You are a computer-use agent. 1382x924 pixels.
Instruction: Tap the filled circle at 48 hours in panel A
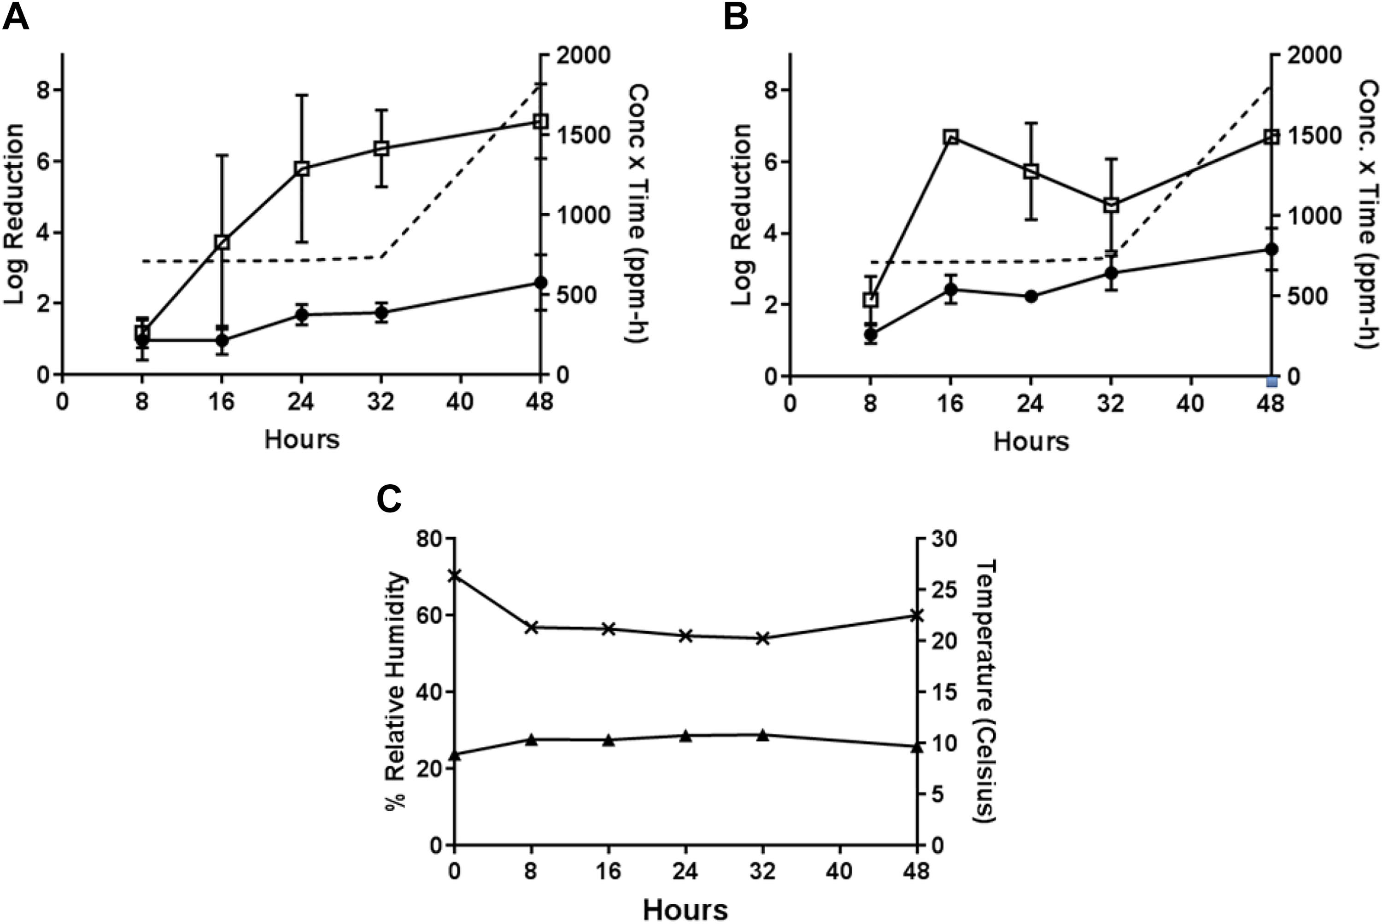(x=540, y=282)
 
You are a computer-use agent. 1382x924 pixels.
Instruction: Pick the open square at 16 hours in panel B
(x=950, y=137)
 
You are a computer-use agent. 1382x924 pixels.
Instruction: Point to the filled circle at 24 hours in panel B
(x=1031, y=296)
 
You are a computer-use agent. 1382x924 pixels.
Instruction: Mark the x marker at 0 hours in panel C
(x=454, y=575)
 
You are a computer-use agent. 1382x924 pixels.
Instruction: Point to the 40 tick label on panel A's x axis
(x=460, y=402)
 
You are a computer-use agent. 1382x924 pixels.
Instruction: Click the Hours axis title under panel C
(x=685, y=909)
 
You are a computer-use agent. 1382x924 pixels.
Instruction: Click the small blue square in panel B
(x=1272, y=382)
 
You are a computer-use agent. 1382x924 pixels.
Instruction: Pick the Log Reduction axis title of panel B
(x=742, y=215)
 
